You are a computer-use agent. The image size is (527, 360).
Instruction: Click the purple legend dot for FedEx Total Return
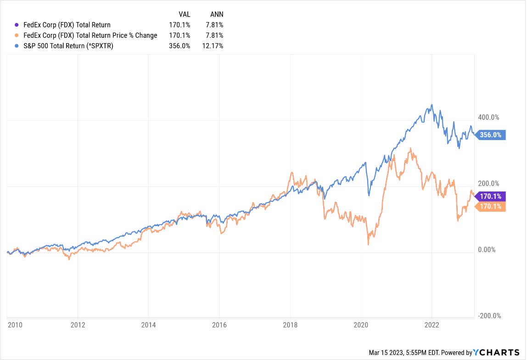tap(17, 25)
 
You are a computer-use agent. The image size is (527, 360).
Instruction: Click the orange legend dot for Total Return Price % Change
tap(17, 35)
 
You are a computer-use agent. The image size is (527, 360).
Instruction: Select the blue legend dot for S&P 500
tap(17, 46)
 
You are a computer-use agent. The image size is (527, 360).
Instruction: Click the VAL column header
tap(184, 14)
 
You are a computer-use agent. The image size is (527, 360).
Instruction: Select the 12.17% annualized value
tap(213, 46)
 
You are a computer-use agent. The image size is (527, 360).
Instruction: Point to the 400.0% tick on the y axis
tap(488, 118)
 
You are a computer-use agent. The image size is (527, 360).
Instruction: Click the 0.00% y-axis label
tap(487, 250)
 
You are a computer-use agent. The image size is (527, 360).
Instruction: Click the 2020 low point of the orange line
tap(369, 245)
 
